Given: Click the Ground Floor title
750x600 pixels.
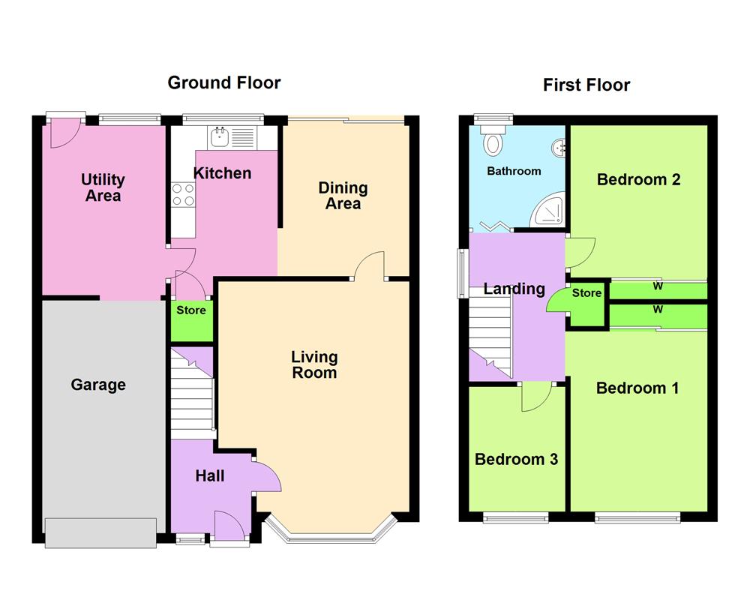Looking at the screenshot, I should coord(223,82).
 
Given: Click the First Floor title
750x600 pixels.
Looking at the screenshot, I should coord(586,85).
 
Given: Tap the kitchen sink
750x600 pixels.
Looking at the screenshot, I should coord(220,136).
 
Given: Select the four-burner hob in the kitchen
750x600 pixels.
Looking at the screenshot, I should coord(184,195).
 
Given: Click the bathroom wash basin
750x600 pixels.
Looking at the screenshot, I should coord(559,147).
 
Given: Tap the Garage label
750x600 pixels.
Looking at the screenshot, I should coord(98,385).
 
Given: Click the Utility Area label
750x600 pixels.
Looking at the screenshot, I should coord(103,187).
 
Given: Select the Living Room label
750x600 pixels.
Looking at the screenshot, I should coord(314,364).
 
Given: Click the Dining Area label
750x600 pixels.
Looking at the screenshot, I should coord(343,195).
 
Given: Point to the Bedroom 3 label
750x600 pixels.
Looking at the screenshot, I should coord(516,459).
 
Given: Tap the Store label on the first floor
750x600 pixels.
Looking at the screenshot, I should coord(586,293).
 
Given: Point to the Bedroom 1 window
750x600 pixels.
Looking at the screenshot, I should coord(637,517).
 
